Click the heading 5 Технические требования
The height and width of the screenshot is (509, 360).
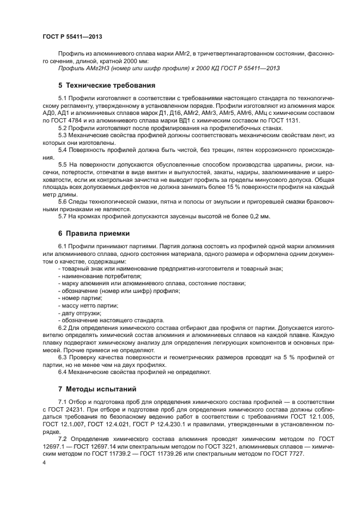(107, 85)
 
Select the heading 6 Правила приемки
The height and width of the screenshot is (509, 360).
(94, 234)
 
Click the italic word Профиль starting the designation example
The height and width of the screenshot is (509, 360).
(70, 68)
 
